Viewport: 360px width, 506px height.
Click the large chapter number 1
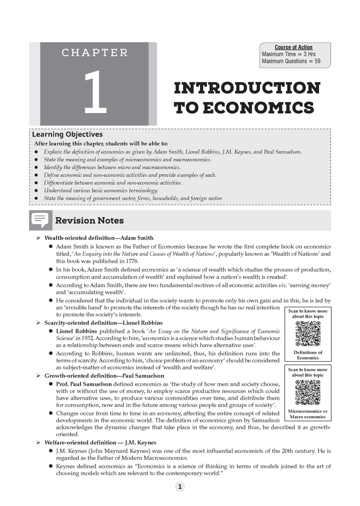[95, 92]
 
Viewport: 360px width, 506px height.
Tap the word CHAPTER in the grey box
[95, 53]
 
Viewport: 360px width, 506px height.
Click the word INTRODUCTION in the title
[247, 88]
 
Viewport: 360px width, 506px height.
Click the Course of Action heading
[294, 47]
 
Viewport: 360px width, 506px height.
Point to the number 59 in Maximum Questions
[317, 61]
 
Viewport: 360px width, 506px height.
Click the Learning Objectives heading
[67, 134]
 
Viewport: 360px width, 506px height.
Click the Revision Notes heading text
[89, 221]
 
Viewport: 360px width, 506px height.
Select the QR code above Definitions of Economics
[308, 334]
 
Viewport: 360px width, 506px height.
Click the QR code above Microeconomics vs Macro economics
[308, 393]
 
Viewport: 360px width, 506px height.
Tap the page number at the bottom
[180, 487]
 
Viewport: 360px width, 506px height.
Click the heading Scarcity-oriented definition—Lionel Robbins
[103, 323]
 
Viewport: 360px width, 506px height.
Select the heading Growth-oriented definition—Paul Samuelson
[104, 376]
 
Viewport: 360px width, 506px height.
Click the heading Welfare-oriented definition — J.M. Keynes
[100, 442]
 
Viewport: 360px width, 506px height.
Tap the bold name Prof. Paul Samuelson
[84, 384]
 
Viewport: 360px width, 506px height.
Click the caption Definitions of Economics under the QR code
[308, 355]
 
